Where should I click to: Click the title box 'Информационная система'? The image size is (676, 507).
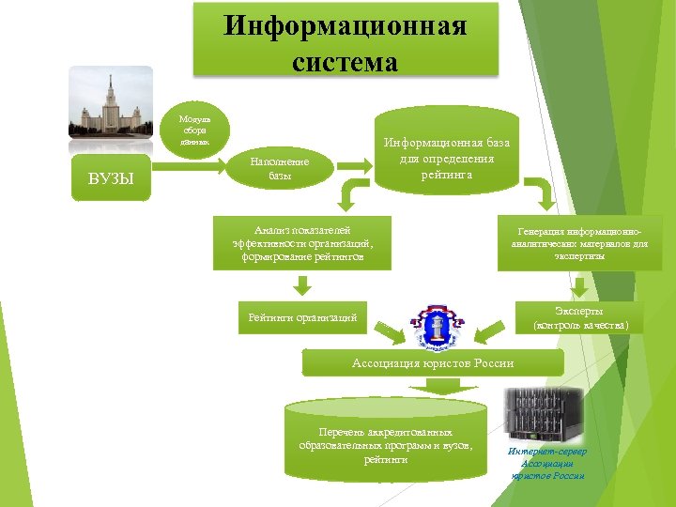[345, 39]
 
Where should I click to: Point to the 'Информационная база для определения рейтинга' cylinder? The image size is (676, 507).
[445, 154]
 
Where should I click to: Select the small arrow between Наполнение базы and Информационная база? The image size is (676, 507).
[355, 166]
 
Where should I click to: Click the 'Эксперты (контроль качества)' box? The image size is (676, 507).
[579, 317]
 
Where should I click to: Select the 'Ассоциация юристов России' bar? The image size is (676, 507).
[432, 363]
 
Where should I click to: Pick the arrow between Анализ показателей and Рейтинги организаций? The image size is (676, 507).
[300, 284]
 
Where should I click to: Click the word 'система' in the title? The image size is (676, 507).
[345, 62]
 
